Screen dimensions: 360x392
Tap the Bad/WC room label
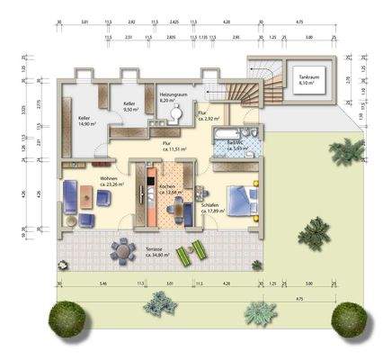[x=238, y=147]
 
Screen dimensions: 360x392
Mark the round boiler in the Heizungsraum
[x=178, y=114]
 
